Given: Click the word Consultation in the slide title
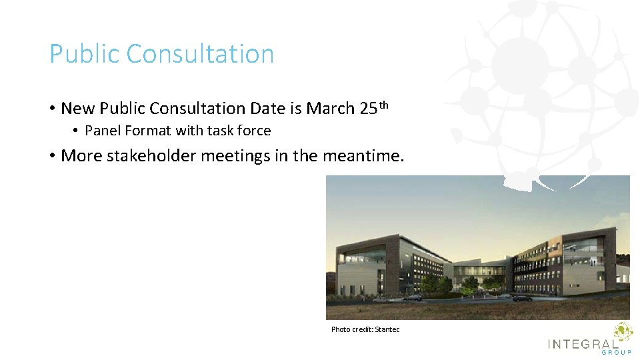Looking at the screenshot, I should coord(200,54).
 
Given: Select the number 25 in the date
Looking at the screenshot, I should coord(369,108).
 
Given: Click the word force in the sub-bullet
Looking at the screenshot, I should coord(254,131).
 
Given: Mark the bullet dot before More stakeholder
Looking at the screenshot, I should coord(52,156).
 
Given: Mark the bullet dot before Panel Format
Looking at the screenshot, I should coord(77,131).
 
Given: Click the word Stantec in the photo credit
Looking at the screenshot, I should coord(387,329).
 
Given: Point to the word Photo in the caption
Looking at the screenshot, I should coord(340,329).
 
